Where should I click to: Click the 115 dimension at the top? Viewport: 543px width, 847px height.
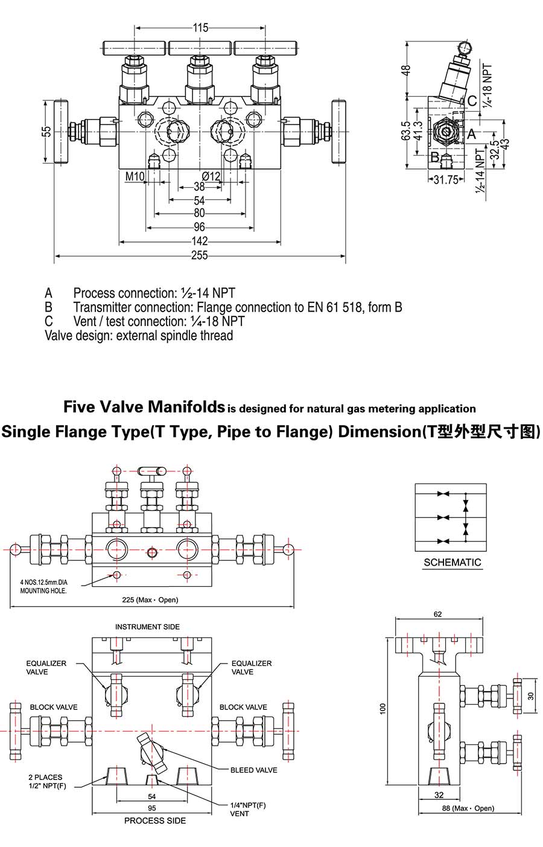[x=200, y=28]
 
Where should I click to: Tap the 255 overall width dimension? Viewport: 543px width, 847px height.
[x=199, y=255]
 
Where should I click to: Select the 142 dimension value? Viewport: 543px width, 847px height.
[x=199, y=241]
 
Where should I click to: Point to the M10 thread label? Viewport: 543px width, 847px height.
[x=135, y=176]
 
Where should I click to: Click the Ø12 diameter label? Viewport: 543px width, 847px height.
[x=211, y=176]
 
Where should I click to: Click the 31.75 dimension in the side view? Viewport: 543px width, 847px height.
[x=446, y=179]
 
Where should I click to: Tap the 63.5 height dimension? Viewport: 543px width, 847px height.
[x=406, y=131]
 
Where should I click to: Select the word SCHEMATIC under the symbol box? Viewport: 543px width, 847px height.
[x=452, y=563]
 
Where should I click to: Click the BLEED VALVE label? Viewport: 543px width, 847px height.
[x=253, y=770]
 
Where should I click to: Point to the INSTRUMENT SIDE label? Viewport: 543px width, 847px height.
[x=147, y=627]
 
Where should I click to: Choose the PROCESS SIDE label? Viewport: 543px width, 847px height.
[x=155, y=820]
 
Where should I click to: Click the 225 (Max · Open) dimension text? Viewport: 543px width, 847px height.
[x=151, y=599]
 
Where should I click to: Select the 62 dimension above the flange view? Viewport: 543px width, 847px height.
[x=438, y=614]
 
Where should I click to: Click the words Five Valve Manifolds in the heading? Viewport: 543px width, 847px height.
[x=144, y=407]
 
